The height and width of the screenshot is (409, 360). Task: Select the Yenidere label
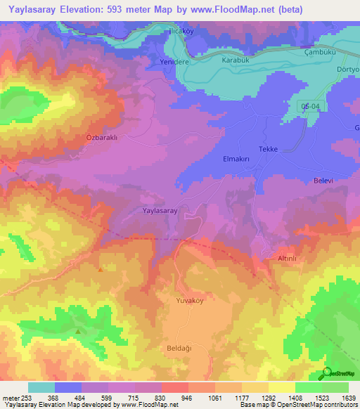pyautogui.click(x=169, y=60)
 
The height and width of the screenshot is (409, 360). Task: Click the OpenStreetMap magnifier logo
pyautogui.click(x=326, y=373)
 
